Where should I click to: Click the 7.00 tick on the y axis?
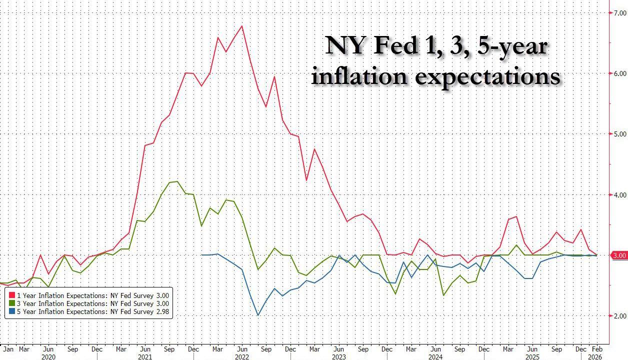(x=619, y=12)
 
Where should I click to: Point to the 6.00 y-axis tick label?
(x=619, y=73)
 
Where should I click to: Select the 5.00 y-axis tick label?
(x=619, y=134)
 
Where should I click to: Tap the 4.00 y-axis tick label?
(x=619, y=194)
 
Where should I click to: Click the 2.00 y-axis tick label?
(x=619, y=316)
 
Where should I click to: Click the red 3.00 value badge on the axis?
(x=619, y=255)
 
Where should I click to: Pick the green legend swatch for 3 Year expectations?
(x=12, y=303)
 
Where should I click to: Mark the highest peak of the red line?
(x=242, y=26)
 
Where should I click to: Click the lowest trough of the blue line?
(x=258, y=315)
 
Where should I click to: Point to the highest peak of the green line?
(x=176, y=181)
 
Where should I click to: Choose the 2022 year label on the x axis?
(x=242, y=357)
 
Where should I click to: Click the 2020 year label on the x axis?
(x=47, y=357)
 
